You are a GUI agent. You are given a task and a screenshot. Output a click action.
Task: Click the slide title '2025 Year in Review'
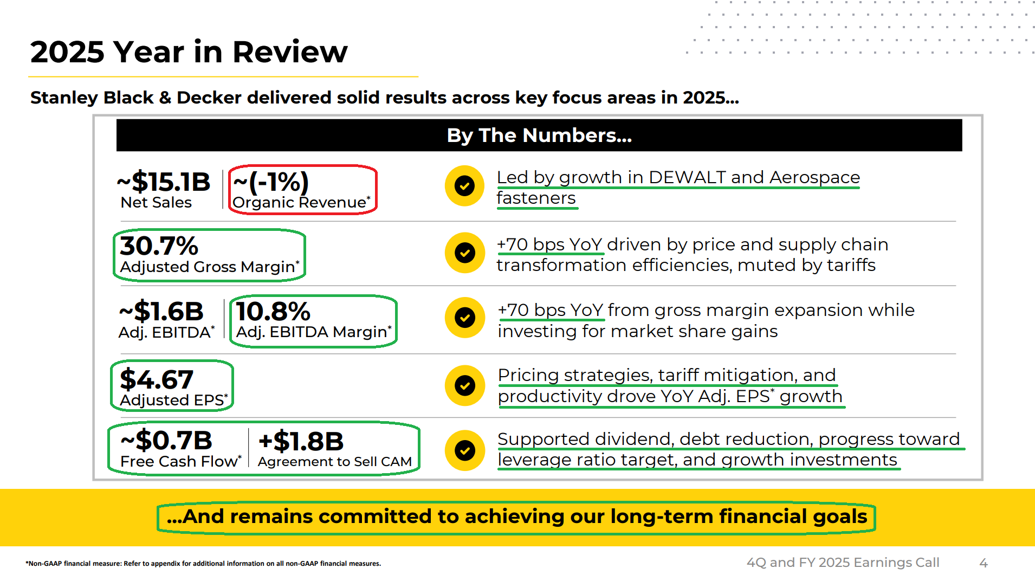[x=189, y=52]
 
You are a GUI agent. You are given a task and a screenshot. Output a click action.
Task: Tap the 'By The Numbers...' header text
[x=539, y=135]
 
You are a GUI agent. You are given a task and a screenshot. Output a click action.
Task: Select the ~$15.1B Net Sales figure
[x=164, y=182]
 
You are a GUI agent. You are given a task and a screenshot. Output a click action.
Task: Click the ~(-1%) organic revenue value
[x=271, y=182]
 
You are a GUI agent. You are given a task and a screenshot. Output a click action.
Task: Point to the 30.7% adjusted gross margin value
[x=159, y=246]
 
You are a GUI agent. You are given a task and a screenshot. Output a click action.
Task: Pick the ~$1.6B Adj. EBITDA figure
[x=161, y=312]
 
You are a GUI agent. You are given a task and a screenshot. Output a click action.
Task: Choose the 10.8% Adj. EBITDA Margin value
[x=273, y=312]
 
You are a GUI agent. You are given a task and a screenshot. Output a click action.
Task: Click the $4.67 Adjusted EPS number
[x=157, y=379]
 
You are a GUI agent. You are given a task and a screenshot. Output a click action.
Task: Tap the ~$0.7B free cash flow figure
[x=166, y=440]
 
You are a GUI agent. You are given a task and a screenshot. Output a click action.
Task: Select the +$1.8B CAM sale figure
[x=301, y=442]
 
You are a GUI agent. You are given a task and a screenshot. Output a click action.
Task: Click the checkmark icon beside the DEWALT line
[x=464, y=186]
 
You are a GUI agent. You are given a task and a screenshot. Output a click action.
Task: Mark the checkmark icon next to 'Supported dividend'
[x=465, y=450]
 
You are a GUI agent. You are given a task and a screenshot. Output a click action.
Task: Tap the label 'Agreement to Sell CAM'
[x=335, y=462]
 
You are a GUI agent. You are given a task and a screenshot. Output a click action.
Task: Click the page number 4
[x=984, y=564]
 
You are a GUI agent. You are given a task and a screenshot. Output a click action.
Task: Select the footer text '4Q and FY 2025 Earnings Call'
[x=843, y=563]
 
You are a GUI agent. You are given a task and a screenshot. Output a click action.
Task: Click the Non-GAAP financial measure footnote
[x=203, y=564]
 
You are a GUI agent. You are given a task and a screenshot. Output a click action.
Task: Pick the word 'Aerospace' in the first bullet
[x=814, y=178]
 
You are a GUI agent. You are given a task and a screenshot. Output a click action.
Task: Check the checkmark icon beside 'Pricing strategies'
[x=465, y=385]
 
